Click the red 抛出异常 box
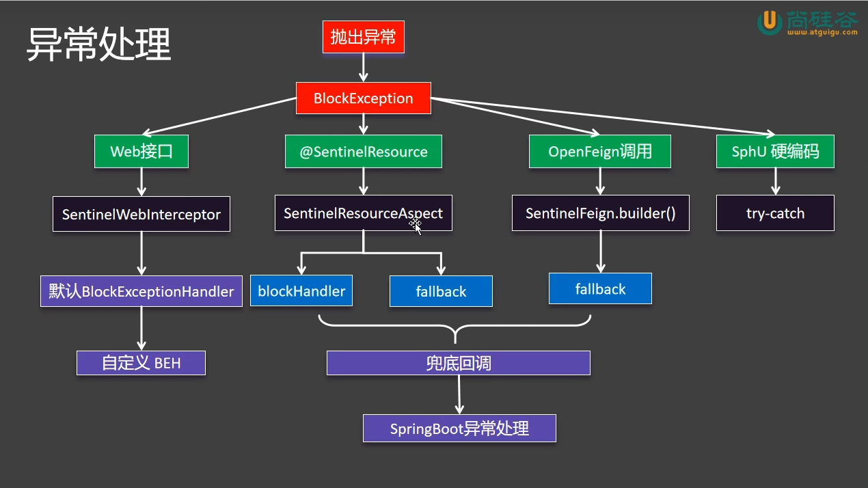click(363, 38)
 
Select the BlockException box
click(363, 98)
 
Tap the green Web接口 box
click(141, 152)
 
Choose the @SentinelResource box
click(363, 152)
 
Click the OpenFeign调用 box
click(599, 152)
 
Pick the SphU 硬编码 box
click(775, 152)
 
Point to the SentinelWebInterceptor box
click(141, 215)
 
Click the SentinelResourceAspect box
click(363, 213)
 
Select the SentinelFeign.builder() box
click(600, 213)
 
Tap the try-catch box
click(775, 213)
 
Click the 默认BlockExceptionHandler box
click(141, 291)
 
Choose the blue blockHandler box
click(301, 291)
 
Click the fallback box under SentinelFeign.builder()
click(600, 288)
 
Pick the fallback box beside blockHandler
click(441, 291)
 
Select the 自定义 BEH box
click(141, 363)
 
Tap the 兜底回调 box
click(458, 363)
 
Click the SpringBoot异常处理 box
click(459, 429)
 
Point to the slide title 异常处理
click(98, 45)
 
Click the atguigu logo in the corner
click(807, 23)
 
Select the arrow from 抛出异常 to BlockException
click(363, 68)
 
